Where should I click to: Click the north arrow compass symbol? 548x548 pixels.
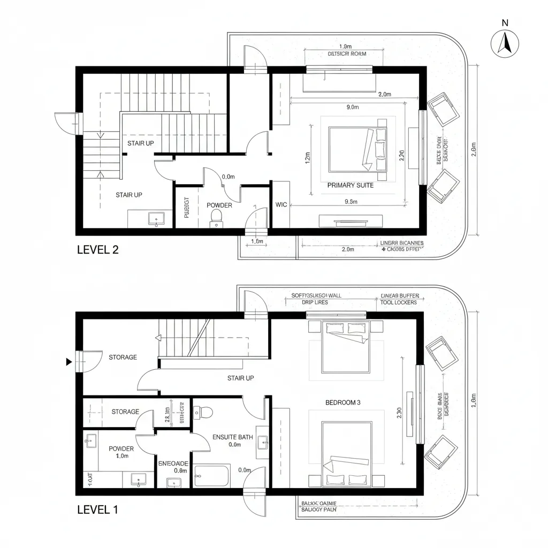click(x=505, y=43)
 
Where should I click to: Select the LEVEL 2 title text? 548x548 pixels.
click(x=98, y=249)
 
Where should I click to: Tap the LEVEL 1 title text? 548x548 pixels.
click(x=97, y=509)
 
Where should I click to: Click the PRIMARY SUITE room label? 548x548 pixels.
click(x=350, y=185)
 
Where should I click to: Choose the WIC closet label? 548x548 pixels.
click(x=281, y=204)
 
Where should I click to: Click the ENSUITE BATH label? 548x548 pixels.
click(x=232, y=437)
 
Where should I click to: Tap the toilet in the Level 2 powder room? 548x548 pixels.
click(x=217, y=216)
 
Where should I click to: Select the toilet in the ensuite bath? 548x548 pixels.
click(x=203, y=411)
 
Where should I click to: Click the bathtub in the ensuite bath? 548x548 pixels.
click(x=212, y=476)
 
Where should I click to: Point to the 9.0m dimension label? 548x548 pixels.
click(x=352, y=107)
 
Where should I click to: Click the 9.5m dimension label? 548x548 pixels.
click(x=351, y=202)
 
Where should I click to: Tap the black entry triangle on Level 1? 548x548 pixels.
click(x=68, y=362)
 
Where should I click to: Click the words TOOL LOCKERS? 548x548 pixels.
click(x=399, y=302)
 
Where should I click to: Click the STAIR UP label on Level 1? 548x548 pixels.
click(x=240, y=378)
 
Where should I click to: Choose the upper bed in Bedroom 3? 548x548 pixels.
click(x=346, y=346)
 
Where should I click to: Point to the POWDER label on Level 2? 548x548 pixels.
click(x=219, y=205)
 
